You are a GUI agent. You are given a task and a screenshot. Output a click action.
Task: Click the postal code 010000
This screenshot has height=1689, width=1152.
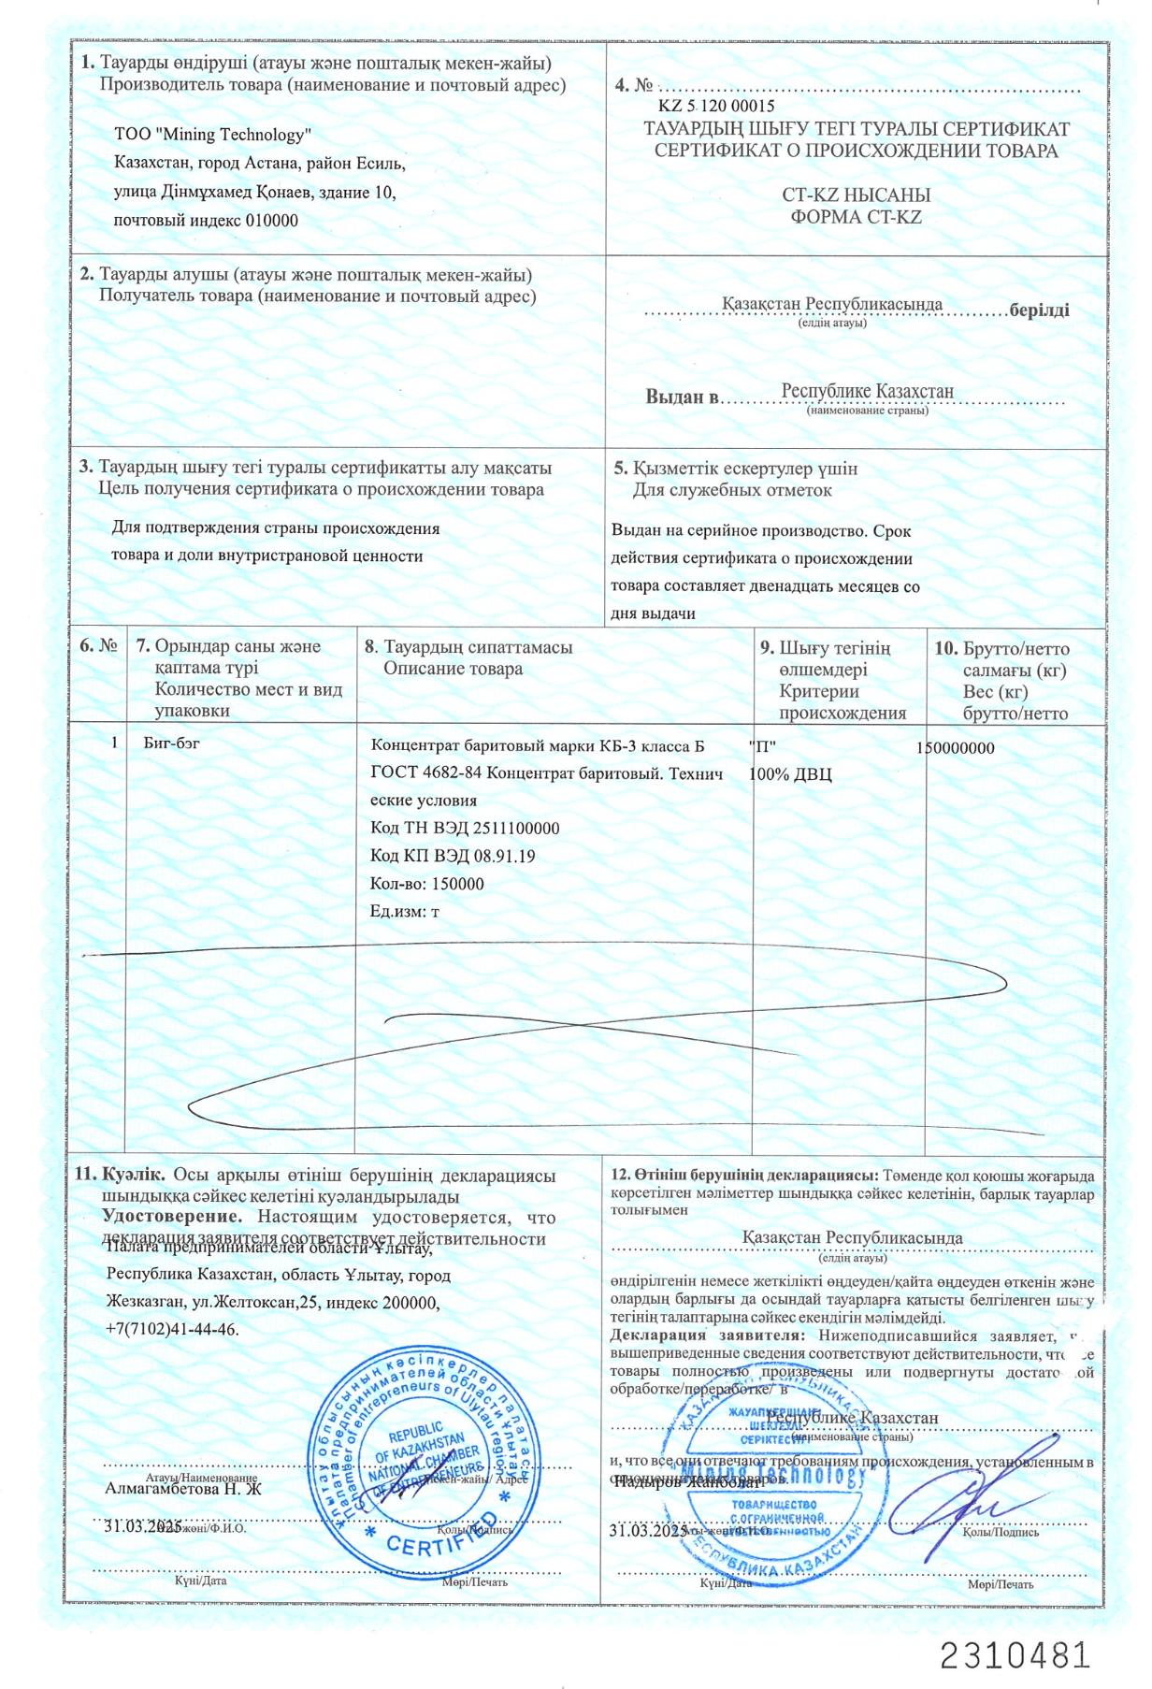(x=271, y=221)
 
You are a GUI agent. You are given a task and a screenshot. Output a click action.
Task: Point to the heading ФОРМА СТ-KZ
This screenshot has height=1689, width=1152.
(x=856, y=217)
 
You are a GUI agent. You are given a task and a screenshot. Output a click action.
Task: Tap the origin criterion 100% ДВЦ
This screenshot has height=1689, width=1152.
(x=790, y=774)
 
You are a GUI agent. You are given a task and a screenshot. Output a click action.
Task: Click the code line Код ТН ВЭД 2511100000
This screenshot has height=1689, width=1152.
(x=465, y=829)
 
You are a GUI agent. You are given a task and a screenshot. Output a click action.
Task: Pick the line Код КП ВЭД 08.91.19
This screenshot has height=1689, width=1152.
(x=453, y=856)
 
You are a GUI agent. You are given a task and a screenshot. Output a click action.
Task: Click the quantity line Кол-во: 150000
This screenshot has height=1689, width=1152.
(x=427, y=884)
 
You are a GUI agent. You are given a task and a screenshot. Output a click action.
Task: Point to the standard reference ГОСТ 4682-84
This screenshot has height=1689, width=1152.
(x=426, y=773)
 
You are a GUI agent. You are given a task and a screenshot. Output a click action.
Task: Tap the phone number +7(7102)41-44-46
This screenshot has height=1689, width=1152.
(x=172, y=1329)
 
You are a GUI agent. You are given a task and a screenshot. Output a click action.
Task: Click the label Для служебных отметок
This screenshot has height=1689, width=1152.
(x=732, y=490)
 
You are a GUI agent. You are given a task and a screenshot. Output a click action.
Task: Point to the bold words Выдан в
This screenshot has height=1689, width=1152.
(x=683, y=397)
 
